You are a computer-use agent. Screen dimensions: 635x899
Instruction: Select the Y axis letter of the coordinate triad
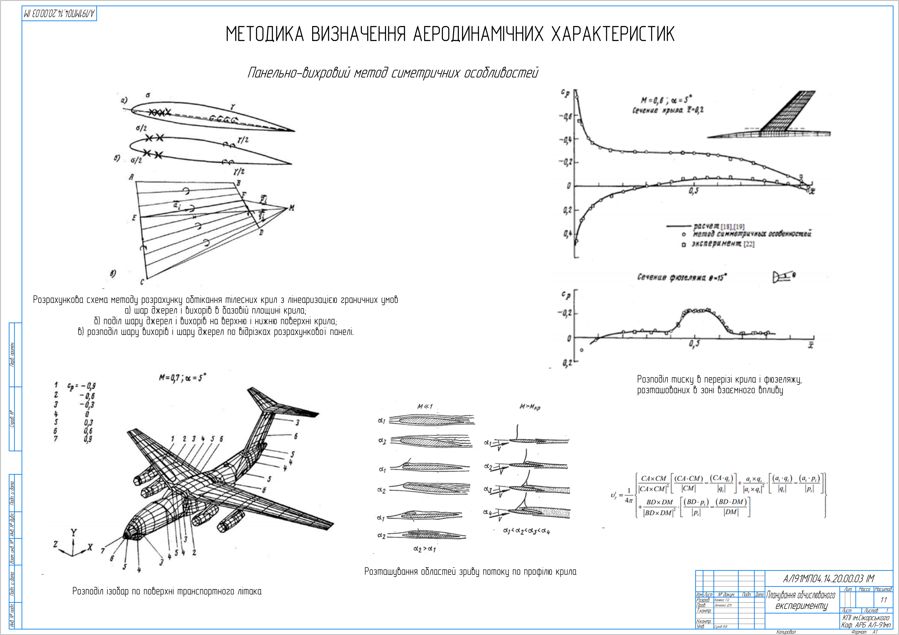74,532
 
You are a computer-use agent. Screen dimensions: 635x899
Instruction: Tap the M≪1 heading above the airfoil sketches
425,406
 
